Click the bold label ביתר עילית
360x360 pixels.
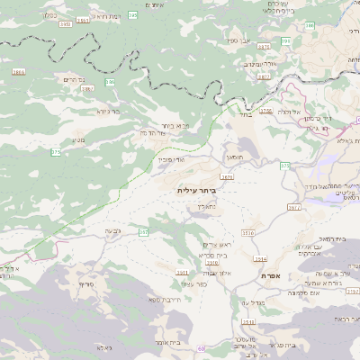click(195, 192)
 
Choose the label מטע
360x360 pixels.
click(78, 139)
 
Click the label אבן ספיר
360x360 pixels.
click(243, 40)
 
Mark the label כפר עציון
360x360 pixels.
click(194, 283)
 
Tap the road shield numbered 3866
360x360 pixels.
click(19, 70)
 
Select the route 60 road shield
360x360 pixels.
click(202, 347)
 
